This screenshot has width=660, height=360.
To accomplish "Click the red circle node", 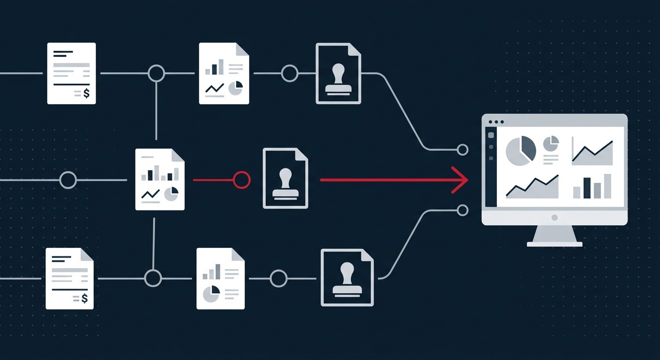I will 242,180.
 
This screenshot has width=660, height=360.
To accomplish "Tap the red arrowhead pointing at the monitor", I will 462,180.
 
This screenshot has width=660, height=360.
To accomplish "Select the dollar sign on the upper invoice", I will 86,94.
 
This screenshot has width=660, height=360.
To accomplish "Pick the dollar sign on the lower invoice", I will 84,299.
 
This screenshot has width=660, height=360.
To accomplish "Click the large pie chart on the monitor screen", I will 521,150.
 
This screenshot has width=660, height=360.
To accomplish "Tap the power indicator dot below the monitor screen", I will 555,217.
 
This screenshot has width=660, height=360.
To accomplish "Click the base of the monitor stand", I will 555,244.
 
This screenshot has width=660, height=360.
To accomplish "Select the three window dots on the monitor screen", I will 495,122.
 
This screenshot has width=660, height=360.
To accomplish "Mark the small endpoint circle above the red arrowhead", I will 463,150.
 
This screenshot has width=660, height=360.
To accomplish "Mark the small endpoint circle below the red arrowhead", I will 463,210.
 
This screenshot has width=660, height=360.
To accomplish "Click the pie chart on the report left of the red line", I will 171,194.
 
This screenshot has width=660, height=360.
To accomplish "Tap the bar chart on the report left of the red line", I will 160,174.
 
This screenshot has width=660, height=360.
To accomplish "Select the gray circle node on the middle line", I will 68,180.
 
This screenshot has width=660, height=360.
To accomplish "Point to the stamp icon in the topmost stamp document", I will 338,79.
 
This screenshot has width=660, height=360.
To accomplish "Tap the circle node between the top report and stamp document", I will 289,73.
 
